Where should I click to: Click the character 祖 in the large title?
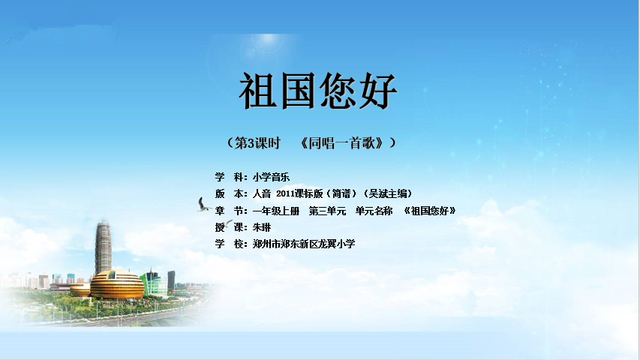pos(258,91)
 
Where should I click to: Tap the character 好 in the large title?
pos(378,91)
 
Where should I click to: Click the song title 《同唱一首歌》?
pos(342,142)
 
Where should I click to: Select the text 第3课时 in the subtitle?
pos(257,142)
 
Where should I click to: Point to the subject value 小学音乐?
pos(271,177)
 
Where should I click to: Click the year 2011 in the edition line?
pos(285,193)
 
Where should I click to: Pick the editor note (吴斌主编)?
pos(388,193)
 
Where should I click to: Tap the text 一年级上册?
pos(276,211)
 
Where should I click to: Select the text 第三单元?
pos(327,211)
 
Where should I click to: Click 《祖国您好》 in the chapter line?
pos(429,211)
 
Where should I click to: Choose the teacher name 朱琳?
pos(262,227)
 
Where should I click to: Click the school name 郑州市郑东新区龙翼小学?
pos(304,244)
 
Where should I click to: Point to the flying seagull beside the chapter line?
pos(203,205)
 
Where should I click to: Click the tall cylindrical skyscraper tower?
pos(103,247)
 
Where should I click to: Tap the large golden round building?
pos(117,284)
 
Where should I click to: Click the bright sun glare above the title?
pos(268,39)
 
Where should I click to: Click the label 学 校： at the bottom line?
pos(231,244)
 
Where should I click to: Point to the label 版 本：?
pos(231,193)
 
